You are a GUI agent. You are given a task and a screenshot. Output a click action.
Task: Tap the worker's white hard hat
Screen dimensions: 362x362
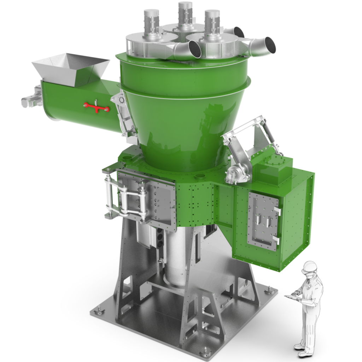(x=310, y=266)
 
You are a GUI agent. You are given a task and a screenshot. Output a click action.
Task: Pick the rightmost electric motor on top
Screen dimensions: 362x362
(x=212, y=22)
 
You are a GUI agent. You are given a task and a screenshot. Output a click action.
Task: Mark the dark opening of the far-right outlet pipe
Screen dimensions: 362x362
(x=270, y=45)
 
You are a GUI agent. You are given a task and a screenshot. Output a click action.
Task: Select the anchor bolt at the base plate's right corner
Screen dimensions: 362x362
(x=269, y=290)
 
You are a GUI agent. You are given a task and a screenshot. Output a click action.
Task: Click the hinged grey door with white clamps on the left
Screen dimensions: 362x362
(x=148, y=200)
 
